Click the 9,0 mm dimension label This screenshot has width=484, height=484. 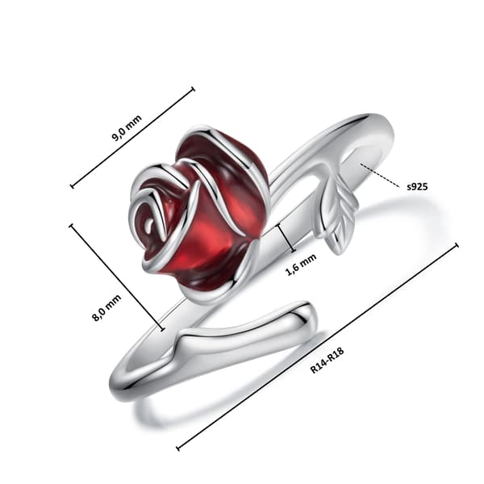tap(127, 127)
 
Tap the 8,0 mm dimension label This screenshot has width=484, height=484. tap(106, 308)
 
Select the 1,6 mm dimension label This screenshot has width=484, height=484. tap(301, 265)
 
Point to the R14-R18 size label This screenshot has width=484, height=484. tap(327, 360)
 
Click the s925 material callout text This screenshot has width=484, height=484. tap(417, 186)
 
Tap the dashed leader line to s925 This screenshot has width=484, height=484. tap(380, 175)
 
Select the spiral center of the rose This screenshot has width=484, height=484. tap(150, 224)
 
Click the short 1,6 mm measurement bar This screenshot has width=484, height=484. tap(286, 238)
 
